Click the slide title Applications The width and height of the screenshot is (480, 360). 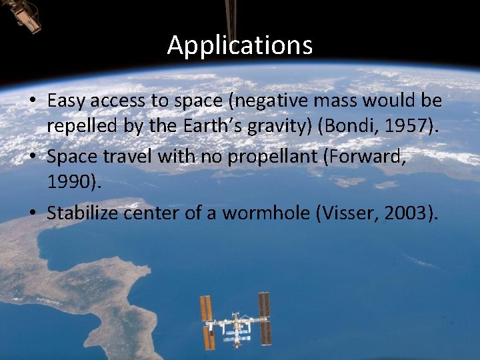click(x=239, y=45)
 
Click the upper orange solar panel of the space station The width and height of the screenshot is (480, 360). click(x=206, y=307)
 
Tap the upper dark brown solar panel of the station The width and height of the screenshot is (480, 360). click(x=264, y=305)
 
